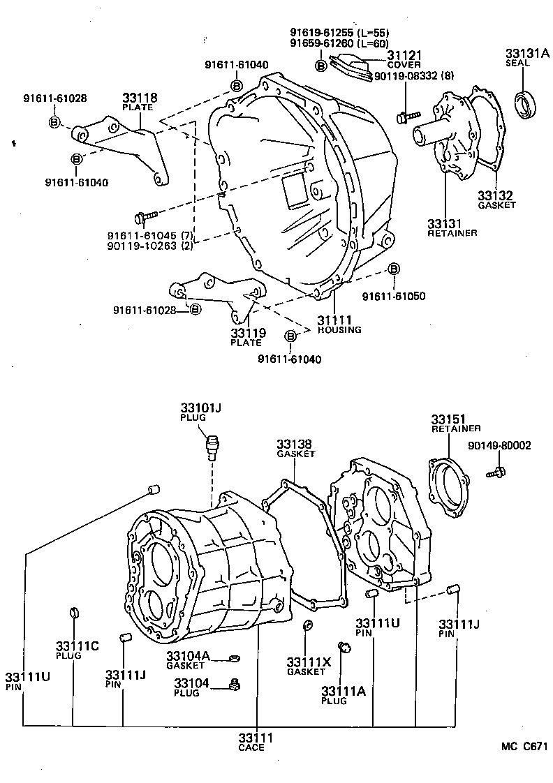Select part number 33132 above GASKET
click(x=495, y=195)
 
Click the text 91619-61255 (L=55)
click(x=339, y=33)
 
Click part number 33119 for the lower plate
click(x=247, y=333)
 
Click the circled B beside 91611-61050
click(x=394, y=269)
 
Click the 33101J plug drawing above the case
click(x=211, y=443)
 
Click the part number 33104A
click(x=188, y=656)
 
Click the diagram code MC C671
click(x=524, y=747)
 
